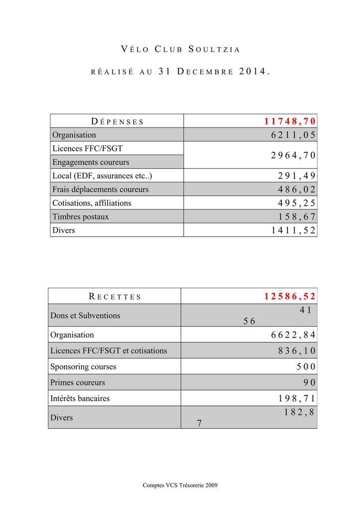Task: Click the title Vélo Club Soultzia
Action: click(180, 49)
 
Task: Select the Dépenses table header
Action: click(118, 121)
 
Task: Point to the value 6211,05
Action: click(293, 135)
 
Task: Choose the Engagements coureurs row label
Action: click(91, 162)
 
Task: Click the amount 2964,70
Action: click(293, 155)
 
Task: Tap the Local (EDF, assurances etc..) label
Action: click(102, 176)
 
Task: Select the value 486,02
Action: click(297, 190)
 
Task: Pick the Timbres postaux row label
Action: click(81, 217)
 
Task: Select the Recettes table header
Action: click(115, 297)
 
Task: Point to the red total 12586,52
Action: click(290, 297)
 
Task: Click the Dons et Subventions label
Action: click(85, 315)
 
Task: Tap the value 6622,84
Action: click(293, 335)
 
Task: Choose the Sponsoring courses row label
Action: click(83, 367)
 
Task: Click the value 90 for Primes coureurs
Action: click(309, 382)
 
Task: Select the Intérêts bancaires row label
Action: click(80, 398)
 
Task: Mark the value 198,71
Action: click(297, 399)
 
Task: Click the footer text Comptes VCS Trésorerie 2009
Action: click(180, 485)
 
